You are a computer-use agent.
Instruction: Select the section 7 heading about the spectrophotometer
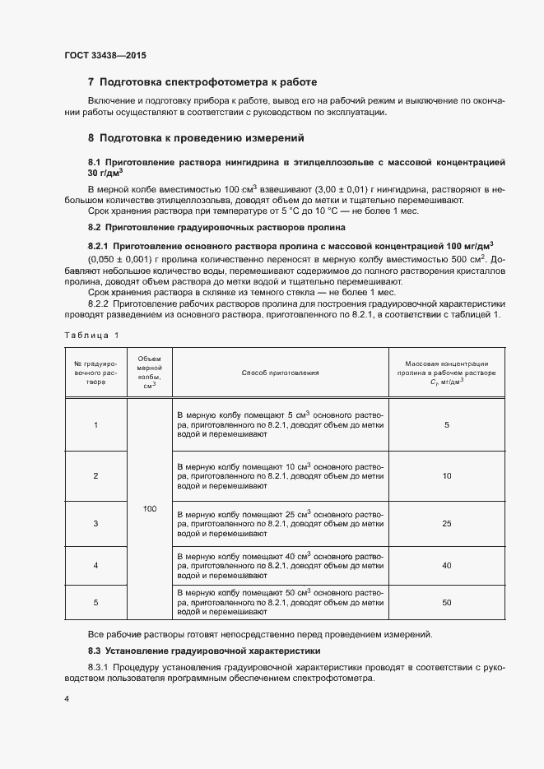pyautogui.click(x=202, y=82)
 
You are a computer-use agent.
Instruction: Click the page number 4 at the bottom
pyautogui.click(x=66, y=698)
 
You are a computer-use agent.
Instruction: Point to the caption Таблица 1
pyautogui.click(x=91, y=335)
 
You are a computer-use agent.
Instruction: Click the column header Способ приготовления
pyautogui.click(x=280, y=373)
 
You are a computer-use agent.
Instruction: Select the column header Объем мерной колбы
pyautogui.click(x=149, y=373)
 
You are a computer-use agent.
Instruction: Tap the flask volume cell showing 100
pyautogui.click(x=149, y=509)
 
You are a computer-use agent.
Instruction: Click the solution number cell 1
pyautogui.click(x=96, y=424)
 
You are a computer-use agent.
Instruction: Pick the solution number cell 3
pyautogui.click(x=96, y=523)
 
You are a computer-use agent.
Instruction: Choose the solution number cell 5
pyautogui.click(x=96, y=602)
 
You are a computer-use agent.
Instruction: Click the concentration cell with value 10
pyautogui.click(x=447, y=475)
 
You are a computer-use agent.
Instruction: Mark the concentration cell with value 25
pyautogui.click(x=447, y=523)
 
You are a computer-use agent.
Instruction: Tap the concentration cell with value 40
pyautogui.click(x=447, y=565)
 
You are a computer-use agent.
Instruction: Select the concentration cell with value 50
pyautogui.click(x=447, y=602)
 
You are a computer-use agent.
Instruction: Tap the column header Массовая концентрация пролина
pyautogui.click(x=447, y=372)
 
